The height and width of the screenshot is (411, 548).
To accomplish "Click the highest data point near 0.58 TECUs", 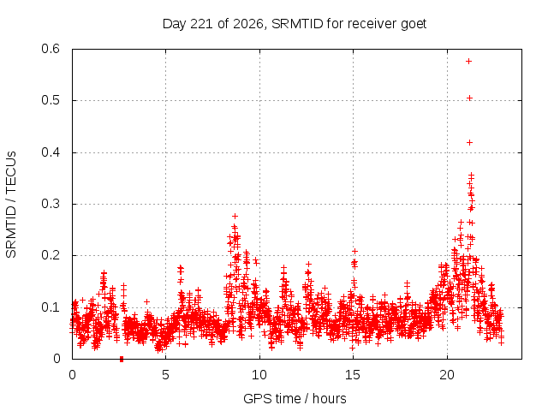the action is (468, 61).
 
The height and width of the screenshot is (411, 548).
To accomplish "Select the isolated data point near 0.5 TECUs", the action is (469, 98).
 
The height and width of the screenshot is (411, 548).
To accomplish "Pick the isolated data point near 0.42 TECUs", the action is (469, 143).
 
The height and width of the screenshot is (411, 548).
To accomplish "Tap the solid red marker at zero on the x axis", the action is (122, 359).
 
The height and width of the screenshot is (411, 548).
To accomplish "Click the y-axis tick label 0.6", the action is (51, 49).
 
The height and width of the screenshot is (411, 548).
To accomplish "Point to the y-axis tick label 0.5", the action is (51, 100).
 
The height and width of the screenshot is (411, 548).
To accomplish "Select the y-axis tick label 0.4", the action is (51, 152).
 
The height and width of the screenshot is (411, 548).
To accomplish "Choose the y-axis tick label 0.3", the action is (51, 204).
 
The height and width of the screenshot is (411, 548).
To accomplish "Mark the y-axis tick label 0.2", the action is (51, 255).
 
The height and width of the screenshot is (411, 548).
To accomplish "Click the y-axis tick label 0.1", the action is (51, 307).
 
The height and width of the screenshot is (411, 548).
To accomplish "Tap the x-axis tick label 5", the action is (165, 375).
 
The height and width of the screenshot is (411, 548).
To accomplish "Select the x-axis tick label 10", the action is (259, 375).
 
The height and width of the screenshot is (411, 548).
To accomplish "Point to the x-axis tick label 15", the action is (353, 375).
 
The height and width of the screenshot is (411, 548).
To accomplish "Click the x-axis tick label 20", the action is (447, 375).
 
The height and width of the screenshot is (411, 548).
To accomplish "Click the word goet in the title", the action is (414, 24).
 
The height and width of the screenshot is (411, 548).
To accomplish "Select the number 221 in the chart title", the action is (202, 24).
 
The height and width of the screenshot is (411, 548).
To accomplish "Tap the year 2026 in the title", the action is (247, 24).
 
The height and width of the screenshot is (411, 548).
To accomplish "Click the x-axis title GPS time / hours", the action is (295, 398).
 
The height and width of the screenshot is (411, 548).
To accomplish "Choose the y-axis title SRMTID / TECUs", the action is (11, 205).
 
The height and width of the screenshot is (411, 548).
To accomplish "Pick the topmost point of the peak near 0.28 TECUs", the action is (235, 216).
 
